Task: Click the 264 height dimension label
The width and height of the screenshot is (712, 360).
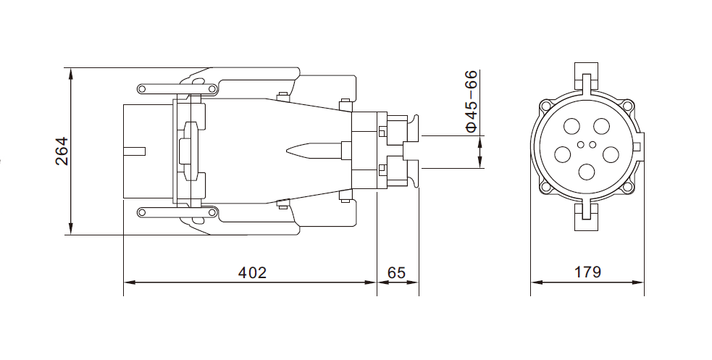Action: pos(62,151)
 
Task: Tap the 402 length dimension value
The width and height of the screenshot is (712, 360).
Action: pos(253,272)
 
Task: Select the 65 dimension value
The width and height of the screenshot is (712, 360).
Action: pos(396,272)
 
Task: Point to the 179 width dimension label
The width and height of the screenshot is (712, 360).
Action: pos(587,272)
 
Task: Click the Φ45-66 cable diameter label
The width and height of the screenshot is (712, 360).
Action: pos(472,101)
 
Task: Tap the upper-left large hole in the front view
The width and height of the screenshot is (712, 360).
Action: pos(572,126)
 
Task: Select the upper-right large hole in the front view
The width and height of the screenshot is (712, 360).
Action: pos(602,126)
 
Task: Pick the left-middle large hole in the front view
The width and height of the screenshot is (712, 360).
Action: pos(563,154)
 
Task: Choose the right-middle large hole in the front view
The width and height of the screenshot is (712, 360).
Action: pos(611,154)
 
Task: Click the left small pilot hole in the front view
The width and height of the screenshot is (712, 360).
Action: pos(582,145)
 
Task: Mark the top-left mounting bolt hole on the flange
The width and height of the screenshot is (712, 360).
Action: pos(545,106)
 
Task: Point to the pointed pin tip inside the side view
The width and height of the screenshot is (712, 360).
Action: pos(287,151)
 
